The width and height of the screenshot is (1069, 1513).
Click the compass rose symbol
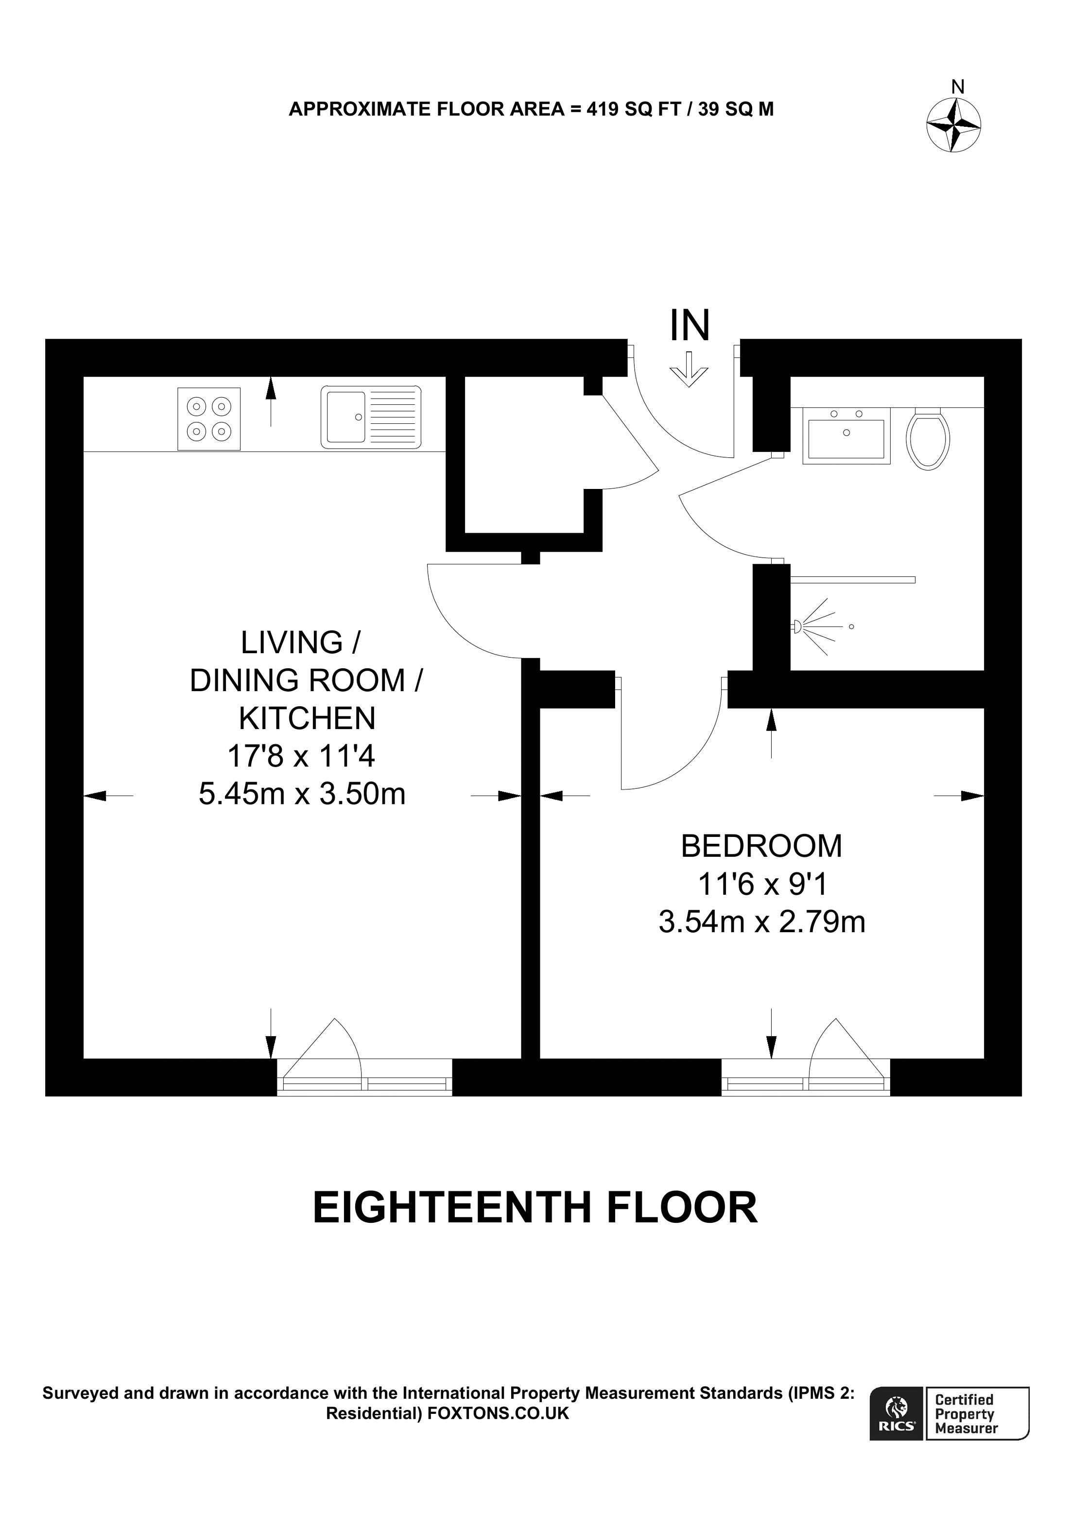click(953, 125)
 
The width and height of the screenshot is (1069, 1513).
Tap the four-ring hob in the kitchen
click(209, 419)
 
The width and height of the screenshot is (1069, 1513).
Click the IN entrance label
click(689, 326)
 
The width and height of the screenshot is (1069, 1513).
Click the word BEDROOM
click(761, 847)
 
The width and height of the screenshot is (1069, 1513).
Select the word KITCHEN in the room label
click(307, 718)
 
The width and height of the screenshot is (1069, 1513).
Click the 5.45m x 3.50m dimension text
click(302, 794)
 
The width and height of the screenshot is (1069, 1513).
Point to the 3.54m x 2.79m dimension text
click(761, 922)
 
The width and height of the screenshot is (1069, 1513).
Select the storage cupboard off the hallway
click(524, 455)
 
